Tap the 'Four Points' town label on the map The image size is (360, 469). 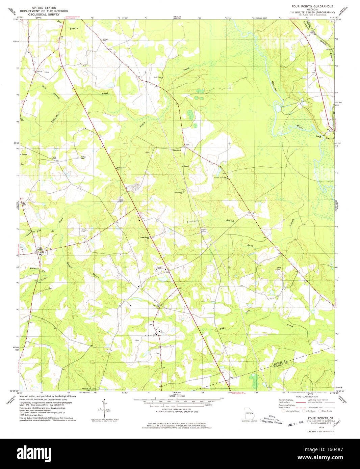[x=40, y=249]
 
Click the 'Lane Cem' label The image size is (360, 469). [x=54, y=158]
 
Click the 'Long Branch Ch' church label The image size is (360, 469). [x=145, y=238]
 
